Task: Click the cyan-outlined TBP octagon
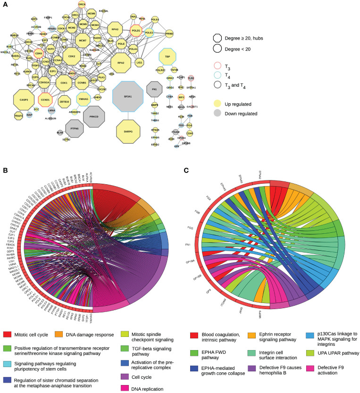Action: tap(167, 57)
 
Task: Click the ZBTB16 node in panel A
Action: tap(64, 101)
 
